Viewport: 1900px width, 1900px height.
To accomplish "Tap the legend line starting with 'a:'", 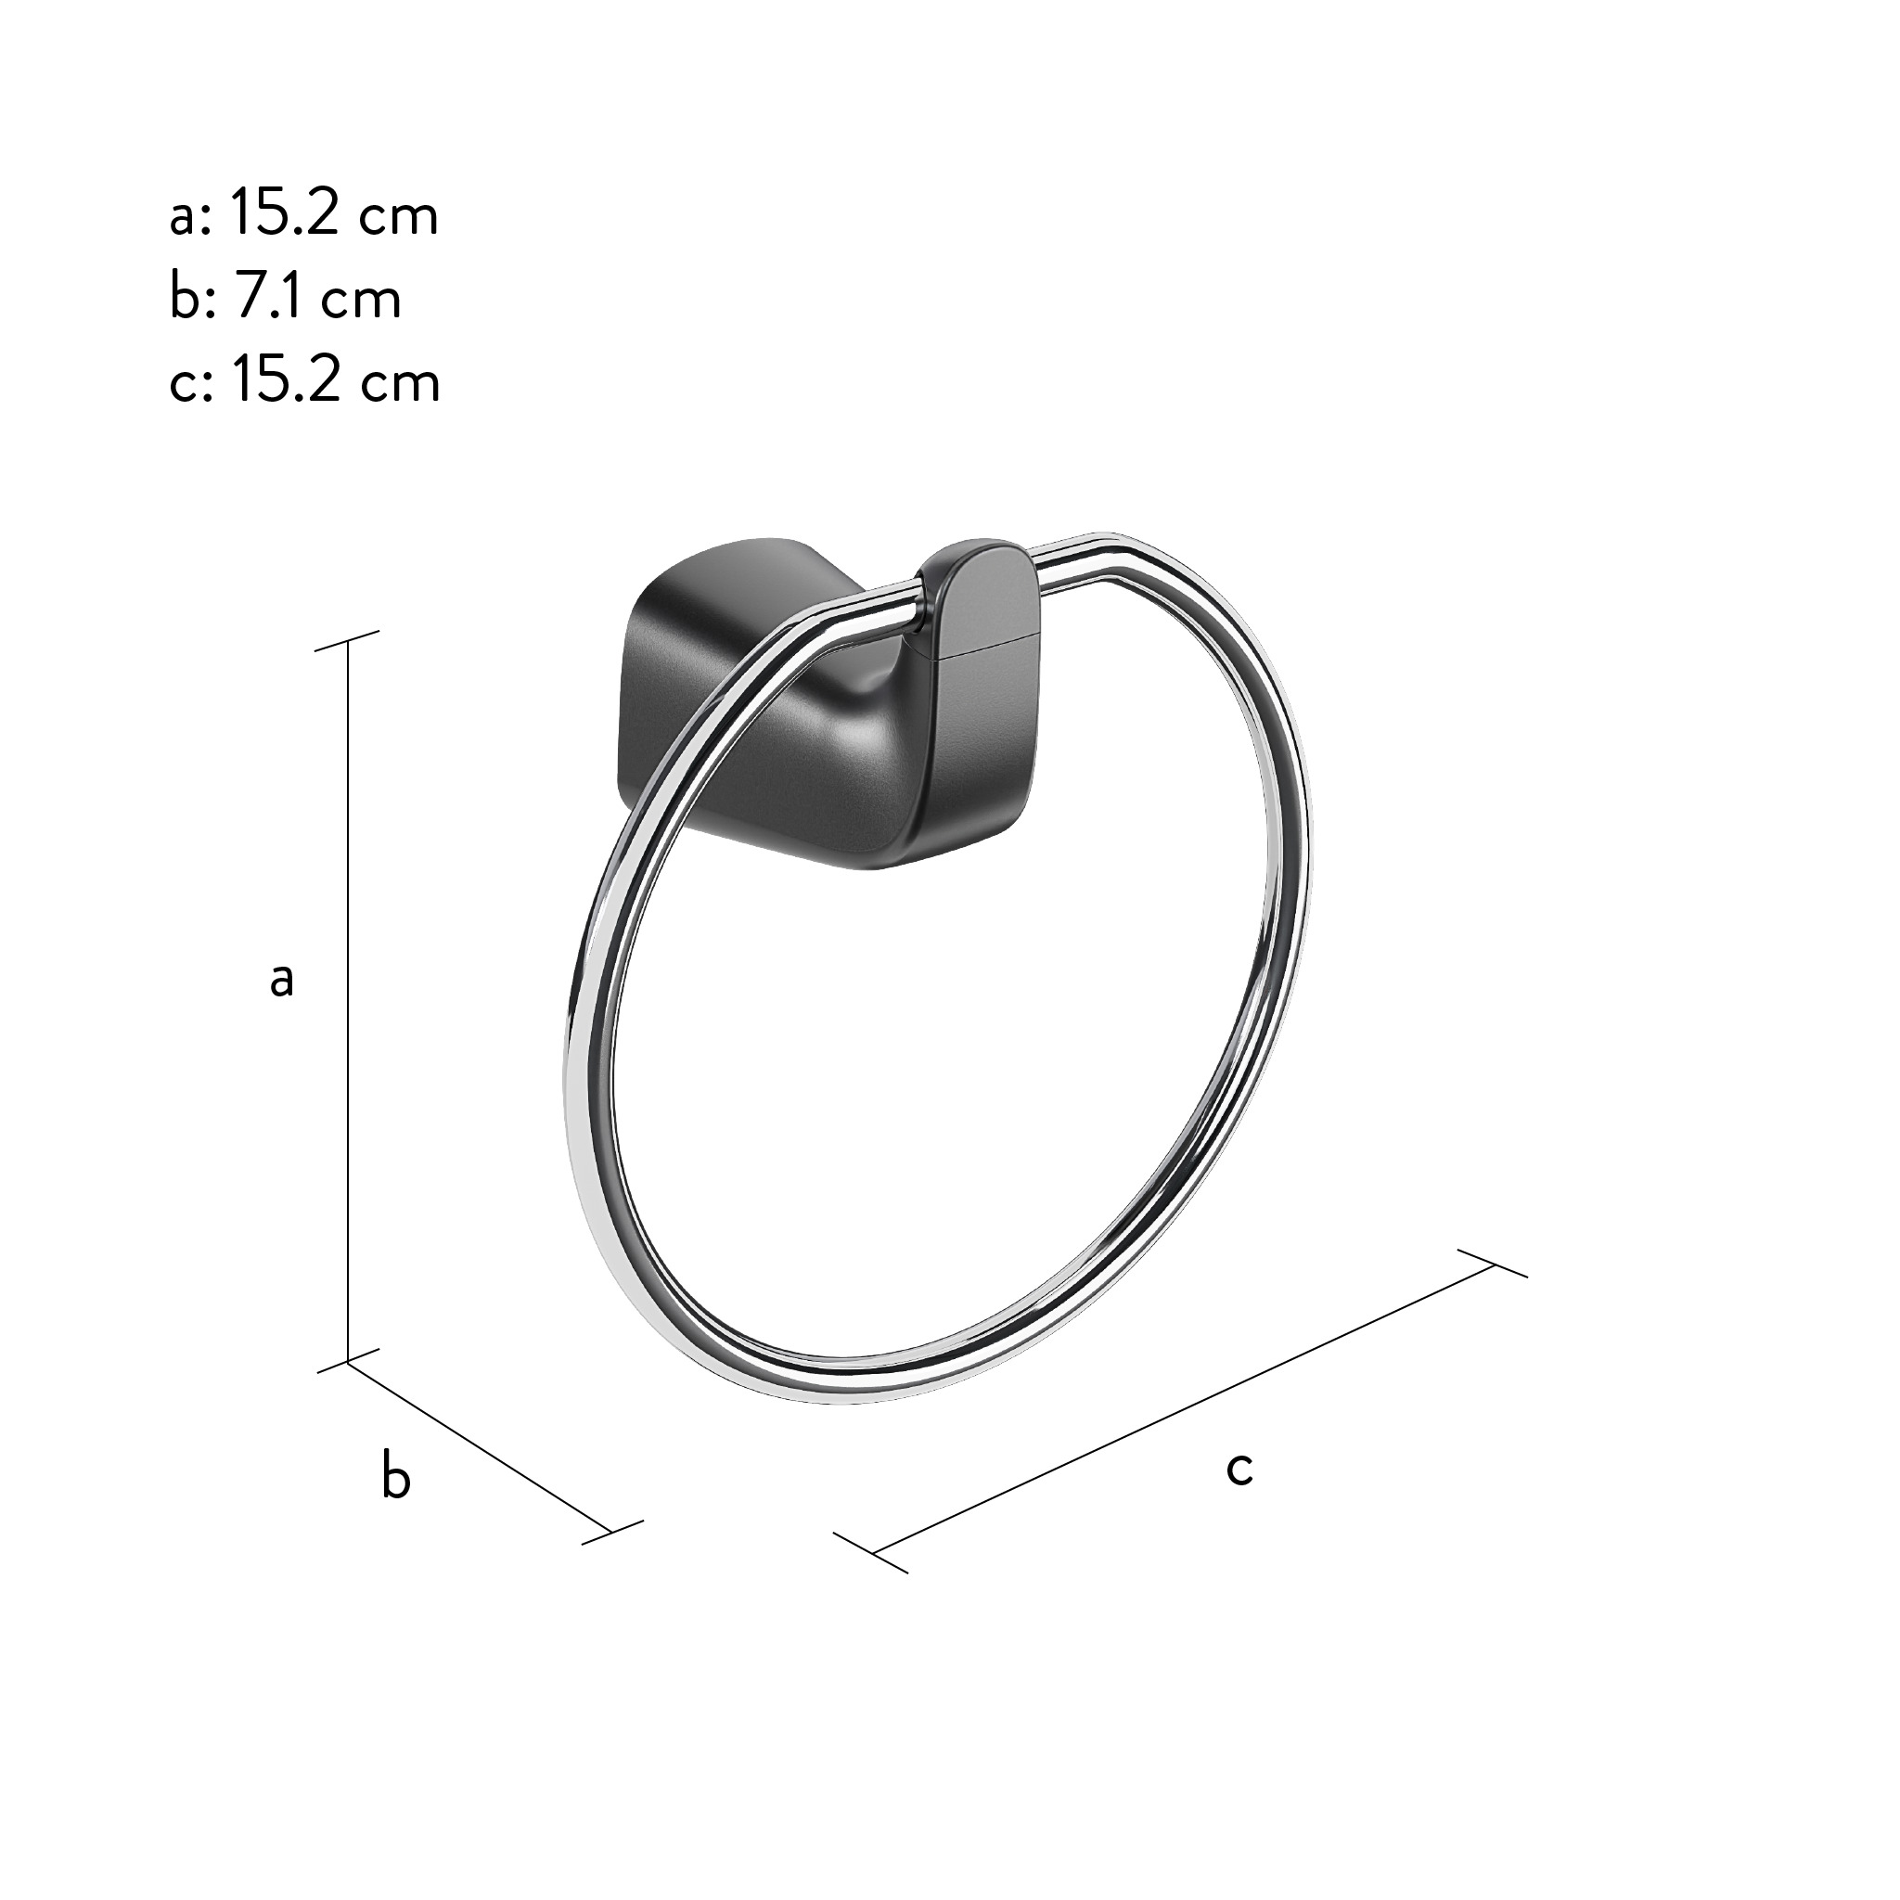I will click(302, 214).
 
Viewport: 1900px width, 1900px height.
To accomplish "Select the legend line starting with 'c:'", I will click(304, 381).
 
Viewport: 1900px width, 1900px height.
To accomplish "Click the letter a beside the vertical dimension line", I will click(282, 981).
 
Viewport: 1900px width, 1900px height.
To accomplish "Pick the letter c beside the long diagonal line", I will click(1239, 1470).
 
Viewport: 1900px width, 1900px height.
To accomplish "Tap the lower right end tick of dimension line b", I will click(611, 1531).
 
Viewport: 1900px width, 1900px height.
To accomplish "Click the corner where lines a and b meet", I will click(348, 1362).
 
